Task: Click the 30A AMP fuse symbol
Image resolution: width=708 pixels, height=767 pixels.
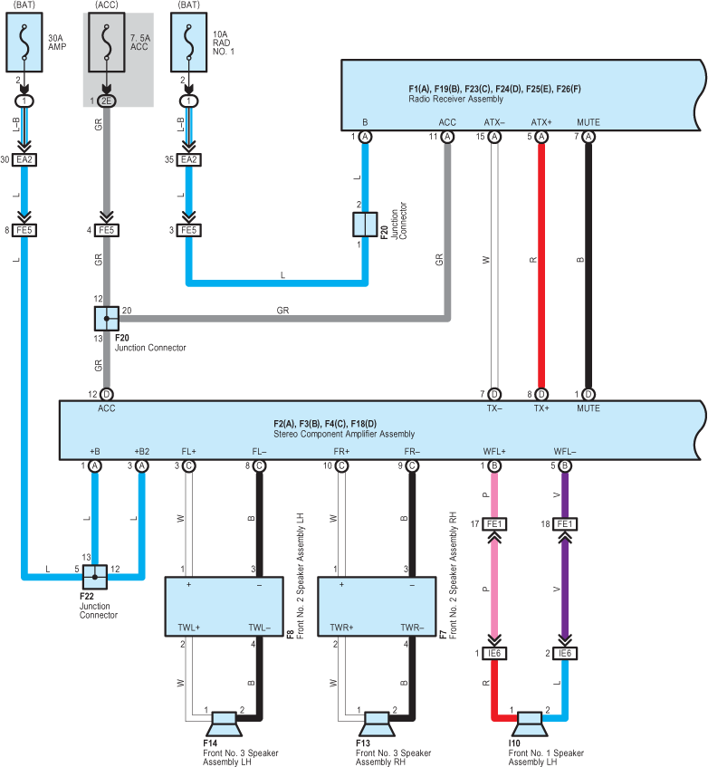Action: coord(24,43)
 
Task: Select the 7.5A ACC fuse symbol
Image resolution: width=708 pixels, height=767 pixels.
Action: coord(106,43)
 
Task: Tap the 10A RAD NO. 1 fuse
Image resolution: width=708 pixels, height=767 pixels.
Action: coord(188,43)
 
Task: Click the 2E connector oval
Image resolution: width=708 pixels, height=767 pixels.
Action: coord(106,101)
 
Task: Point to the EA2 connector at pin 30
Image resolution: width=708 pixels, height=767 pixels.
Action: coord(24,159)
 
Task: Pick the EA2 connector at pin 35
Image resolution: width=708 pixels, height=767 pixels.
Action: coord(188,159)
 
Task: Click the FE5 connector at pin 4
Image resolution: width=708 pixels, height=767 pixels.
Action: coord(106,230)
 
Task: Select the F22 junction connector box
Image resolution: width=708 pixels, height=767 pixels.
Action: coord(94,577)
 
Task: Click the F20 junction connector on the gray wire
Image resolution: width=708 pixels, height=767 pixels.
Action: coord(107,319)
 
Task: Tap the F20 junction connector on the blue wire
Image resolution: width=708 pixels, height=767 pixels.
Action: coord(365,225)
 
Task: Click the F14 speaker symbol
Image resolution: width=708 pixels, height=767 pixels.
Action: coord(224,724)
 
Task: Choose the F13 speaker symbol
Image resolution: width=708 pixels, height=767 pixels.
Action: coord(377,724)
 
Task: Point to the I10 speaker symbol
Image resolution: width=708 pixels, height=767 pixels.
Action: coord(530,724)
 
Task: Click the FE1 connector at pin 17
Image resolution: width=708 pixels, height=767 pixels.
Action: coord(494,524)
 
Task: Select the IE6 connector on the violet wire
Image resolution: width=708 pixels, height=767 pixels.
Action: coord(565,653)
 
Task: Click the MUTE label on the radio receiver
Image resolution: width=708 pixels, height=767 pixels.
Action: coord(588,122)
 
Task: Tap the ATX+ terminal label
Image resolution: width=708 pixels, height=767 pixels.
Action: coord(541,122)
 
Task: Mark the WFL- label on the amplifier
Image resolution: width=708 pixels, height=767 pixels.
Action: coord(565,451)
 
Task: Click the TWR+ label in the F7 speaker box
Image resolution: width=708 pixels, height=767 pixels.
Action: coord(341,628)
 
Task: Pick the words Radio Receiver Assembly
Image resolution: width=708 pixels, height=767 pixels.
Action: coord(455,99)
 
